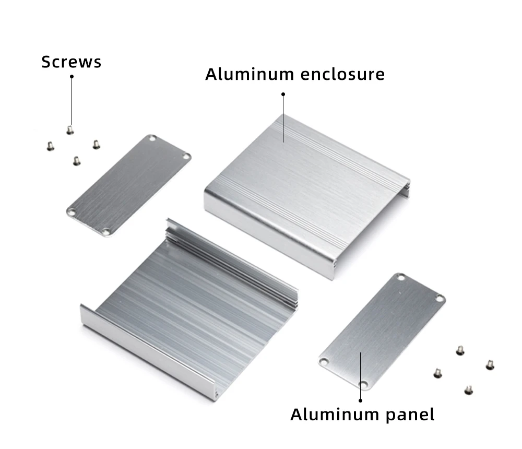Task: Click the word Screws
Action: click(71, 62)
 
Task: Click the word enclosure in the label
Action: click(342, 74)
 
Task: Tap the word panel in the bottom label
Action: click(410, 415)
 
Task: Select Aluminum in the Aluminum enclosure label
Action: click(250, 74)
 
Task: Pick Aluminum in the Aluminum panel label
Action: click(335, 415)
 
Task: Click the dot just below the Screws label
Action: click(72, 77)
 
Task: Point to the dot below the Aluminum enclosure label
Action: click(283, 94)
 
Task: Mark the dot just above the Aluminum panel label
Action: click(360, 400)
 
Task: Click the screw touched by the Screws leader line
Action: click(70, 130)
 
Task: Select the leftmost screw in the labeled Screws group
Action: click(50, 146)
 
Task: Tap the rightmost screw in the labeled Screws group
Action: click(96, 145)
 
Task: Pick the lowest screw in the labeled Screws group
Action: click(77, 161)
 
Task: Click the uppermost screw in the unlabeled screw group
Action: click(460, 350)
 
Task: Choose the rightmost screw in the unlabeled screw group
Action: click(490, 365)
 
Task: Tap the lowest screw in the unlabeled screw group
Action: click(469, 390)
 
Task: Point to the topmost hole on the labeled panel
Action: click(401, 277)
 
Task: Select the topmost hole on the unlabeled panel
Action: click(152, 138)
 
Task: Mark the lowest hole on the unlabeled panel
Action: click(106, 231)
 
